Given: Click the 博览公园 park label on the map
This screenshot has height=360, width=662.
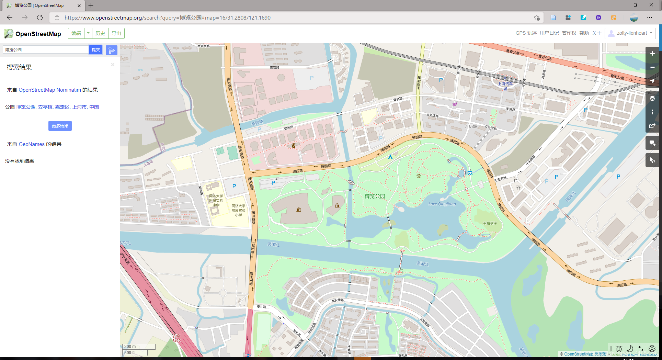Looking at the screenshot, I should click(375, 196).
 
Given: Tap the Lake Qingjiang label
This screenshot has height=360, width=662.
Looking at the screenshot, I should click(442, 204).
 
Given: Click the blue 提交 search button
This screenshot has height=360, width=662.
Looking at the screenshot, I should click(96, 50).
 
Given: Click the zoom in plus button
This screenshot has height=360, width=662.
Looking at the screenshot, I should click(652, 54).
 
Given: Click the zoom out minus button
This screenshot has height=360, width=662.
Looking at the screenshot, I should click(652, 67).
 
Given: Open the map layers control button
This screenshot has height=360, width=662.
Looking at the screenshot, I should click(652, 99).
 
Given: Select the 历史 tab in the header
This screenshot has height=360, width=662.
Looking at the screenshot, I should click(100, 33).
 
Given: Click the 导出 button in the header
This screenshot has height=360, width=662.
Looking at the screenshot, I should click(116, 33).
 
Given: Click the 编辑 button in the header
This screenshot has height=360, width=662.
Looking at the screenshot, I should click(76, 33).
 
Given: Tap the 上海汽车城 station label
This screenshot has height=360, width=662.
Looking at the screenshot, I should click(505, 86).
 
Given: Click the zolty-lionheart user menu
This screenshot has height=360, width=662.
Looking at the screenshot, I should click(630, 33).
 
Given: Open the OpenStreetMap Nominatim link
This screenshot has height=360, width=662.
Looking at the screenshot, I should click(50, 90).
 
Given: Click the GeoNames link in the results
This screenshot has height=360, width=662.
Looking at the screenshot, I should click(32, 144).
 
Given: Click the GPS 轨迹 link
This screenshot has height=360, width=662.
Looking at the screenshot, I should click(526, 33).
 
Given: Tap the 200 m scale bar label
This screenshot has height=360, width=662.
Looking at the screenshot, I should click(130, 346).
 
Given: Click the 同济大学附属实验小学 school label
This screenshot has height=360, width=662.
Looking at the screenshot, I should click(238, 210).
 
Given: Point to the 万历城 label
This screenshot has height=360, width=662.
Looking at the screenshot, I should click(471, 126).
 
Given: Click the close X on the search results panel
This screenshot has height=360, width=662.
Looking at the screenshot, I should click(113, 65).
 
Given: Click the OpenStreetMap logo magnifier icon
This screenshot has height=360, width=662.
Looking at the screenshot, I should click(9, 33).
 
